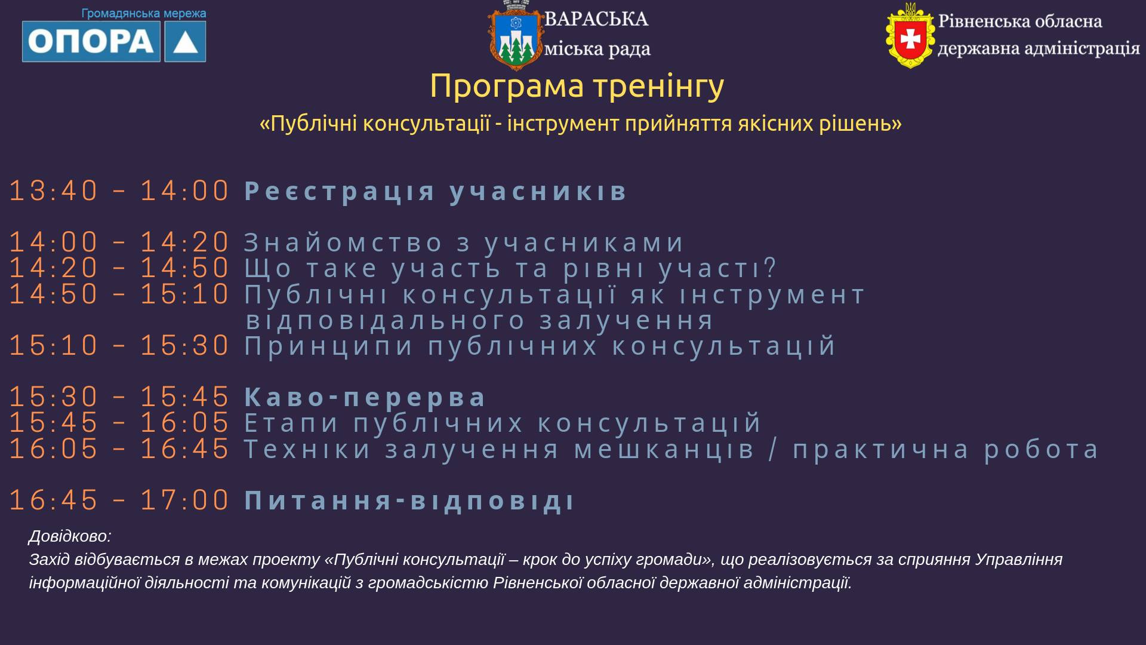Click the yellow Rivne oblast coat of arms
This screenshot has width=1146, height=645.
(910, 36)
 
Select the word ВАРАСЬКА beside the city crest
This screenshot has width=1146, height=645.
(596, 19)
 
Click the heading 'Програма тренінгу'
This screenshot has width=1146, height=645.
(577, 85)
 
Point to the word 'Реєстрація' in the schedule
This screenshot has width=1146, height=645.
(340, 191)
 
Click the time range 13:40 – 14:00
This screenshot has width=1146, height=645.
(119, 191)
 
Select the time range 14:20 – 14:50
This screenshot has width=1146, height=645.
(119, 268)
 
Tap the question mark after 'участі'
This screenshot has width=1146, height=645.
(770, 268)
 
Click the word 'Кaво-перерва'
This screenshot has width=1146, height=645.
(365, 397)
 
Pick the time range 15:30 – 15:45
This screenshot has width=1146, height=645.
(119, 397)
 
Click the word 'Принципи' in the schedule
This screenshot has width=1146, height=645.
(329, 346)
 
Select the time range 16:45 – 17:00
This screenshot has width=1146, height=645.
(119, 500)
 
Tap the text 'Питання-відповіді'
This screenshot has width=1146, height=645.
(409, 500)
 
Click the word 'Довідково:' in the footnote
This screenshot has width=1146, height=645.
(70, 536)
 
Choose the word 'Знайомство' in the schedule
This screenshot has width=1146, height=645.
(344, 242)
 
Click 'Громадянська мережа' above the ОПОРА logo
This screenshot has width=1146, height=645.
(144, 13)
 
